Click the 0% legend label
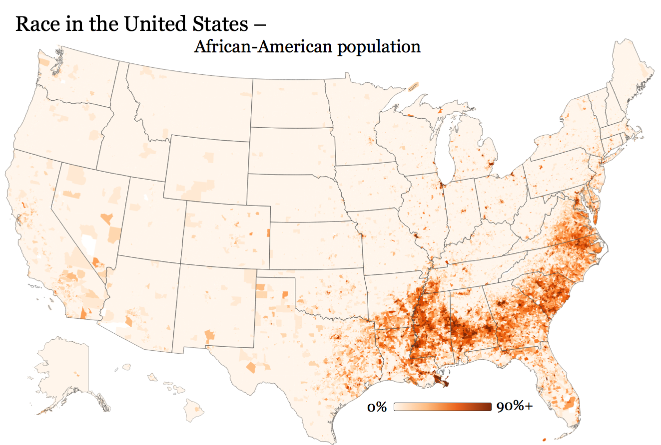coord(377,407)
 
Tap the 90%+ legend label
coord(515,407)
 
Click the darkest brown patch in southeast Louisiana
coord(440,382)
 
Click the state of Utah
coord(150,220)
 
